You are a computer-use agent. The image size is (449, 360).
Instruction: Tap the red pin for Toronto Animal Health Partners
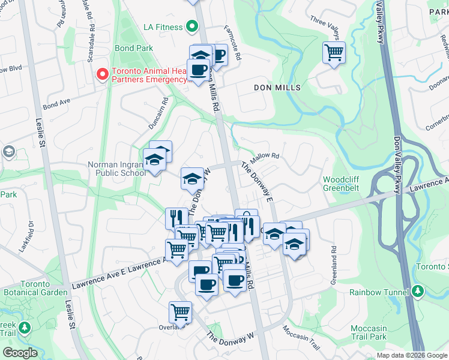103,74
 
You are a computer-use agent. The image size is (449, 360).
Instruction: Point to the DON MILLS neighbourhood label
277,88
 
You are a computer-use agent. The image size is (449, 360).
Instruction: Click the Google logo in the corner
20,353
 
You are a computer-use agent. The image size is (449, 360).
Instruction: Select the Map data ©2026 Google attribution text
411,355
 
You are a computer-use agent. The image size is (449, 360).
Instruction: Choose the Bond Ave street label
57,104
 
